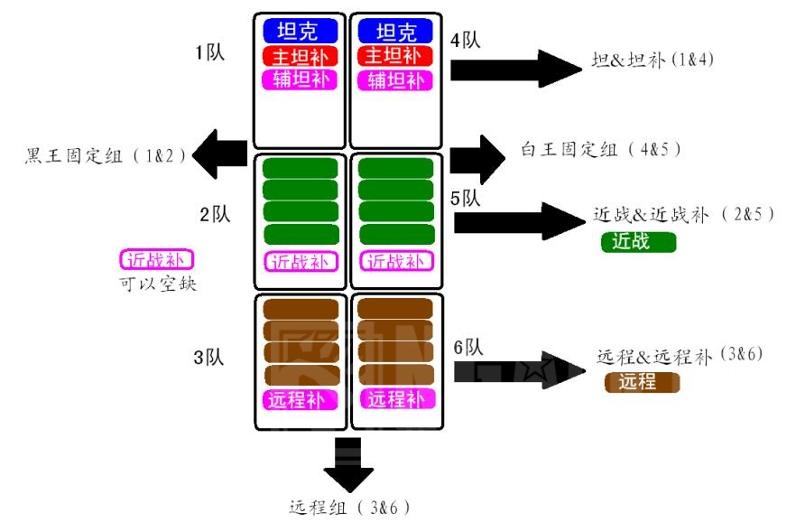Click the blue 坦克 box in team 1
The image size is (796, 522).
(301, 32)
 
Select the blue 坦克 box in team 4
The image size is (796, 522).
(395, 32)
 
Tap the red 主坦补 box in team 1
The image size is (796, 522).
(301, 56)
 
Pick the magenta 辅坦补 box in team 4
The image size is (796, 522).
(395, 79)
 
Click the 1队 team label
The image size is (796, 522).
(210, 52)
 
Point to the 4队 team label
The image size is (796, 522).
(465, 40)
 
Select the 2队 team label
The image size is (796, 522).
(215, 214)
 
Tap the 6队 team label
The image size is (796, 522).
(468, 347)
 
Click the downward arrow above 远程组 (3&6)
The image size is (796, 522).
(347, 465)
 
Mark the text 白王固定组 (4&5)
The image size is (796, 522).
(600, 148)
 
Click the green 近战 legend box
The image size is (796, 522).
(638, 241)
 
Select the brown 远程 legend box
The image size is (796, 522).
(641, 382)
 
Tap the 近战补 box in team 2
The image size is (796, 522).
(301, 262)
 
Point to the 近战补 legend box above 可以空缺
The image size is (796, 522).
(158, 260)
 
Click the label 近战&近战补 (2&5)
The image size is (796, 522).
(683, 216)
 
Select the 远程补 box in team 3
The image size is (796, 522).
(301, 398)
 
